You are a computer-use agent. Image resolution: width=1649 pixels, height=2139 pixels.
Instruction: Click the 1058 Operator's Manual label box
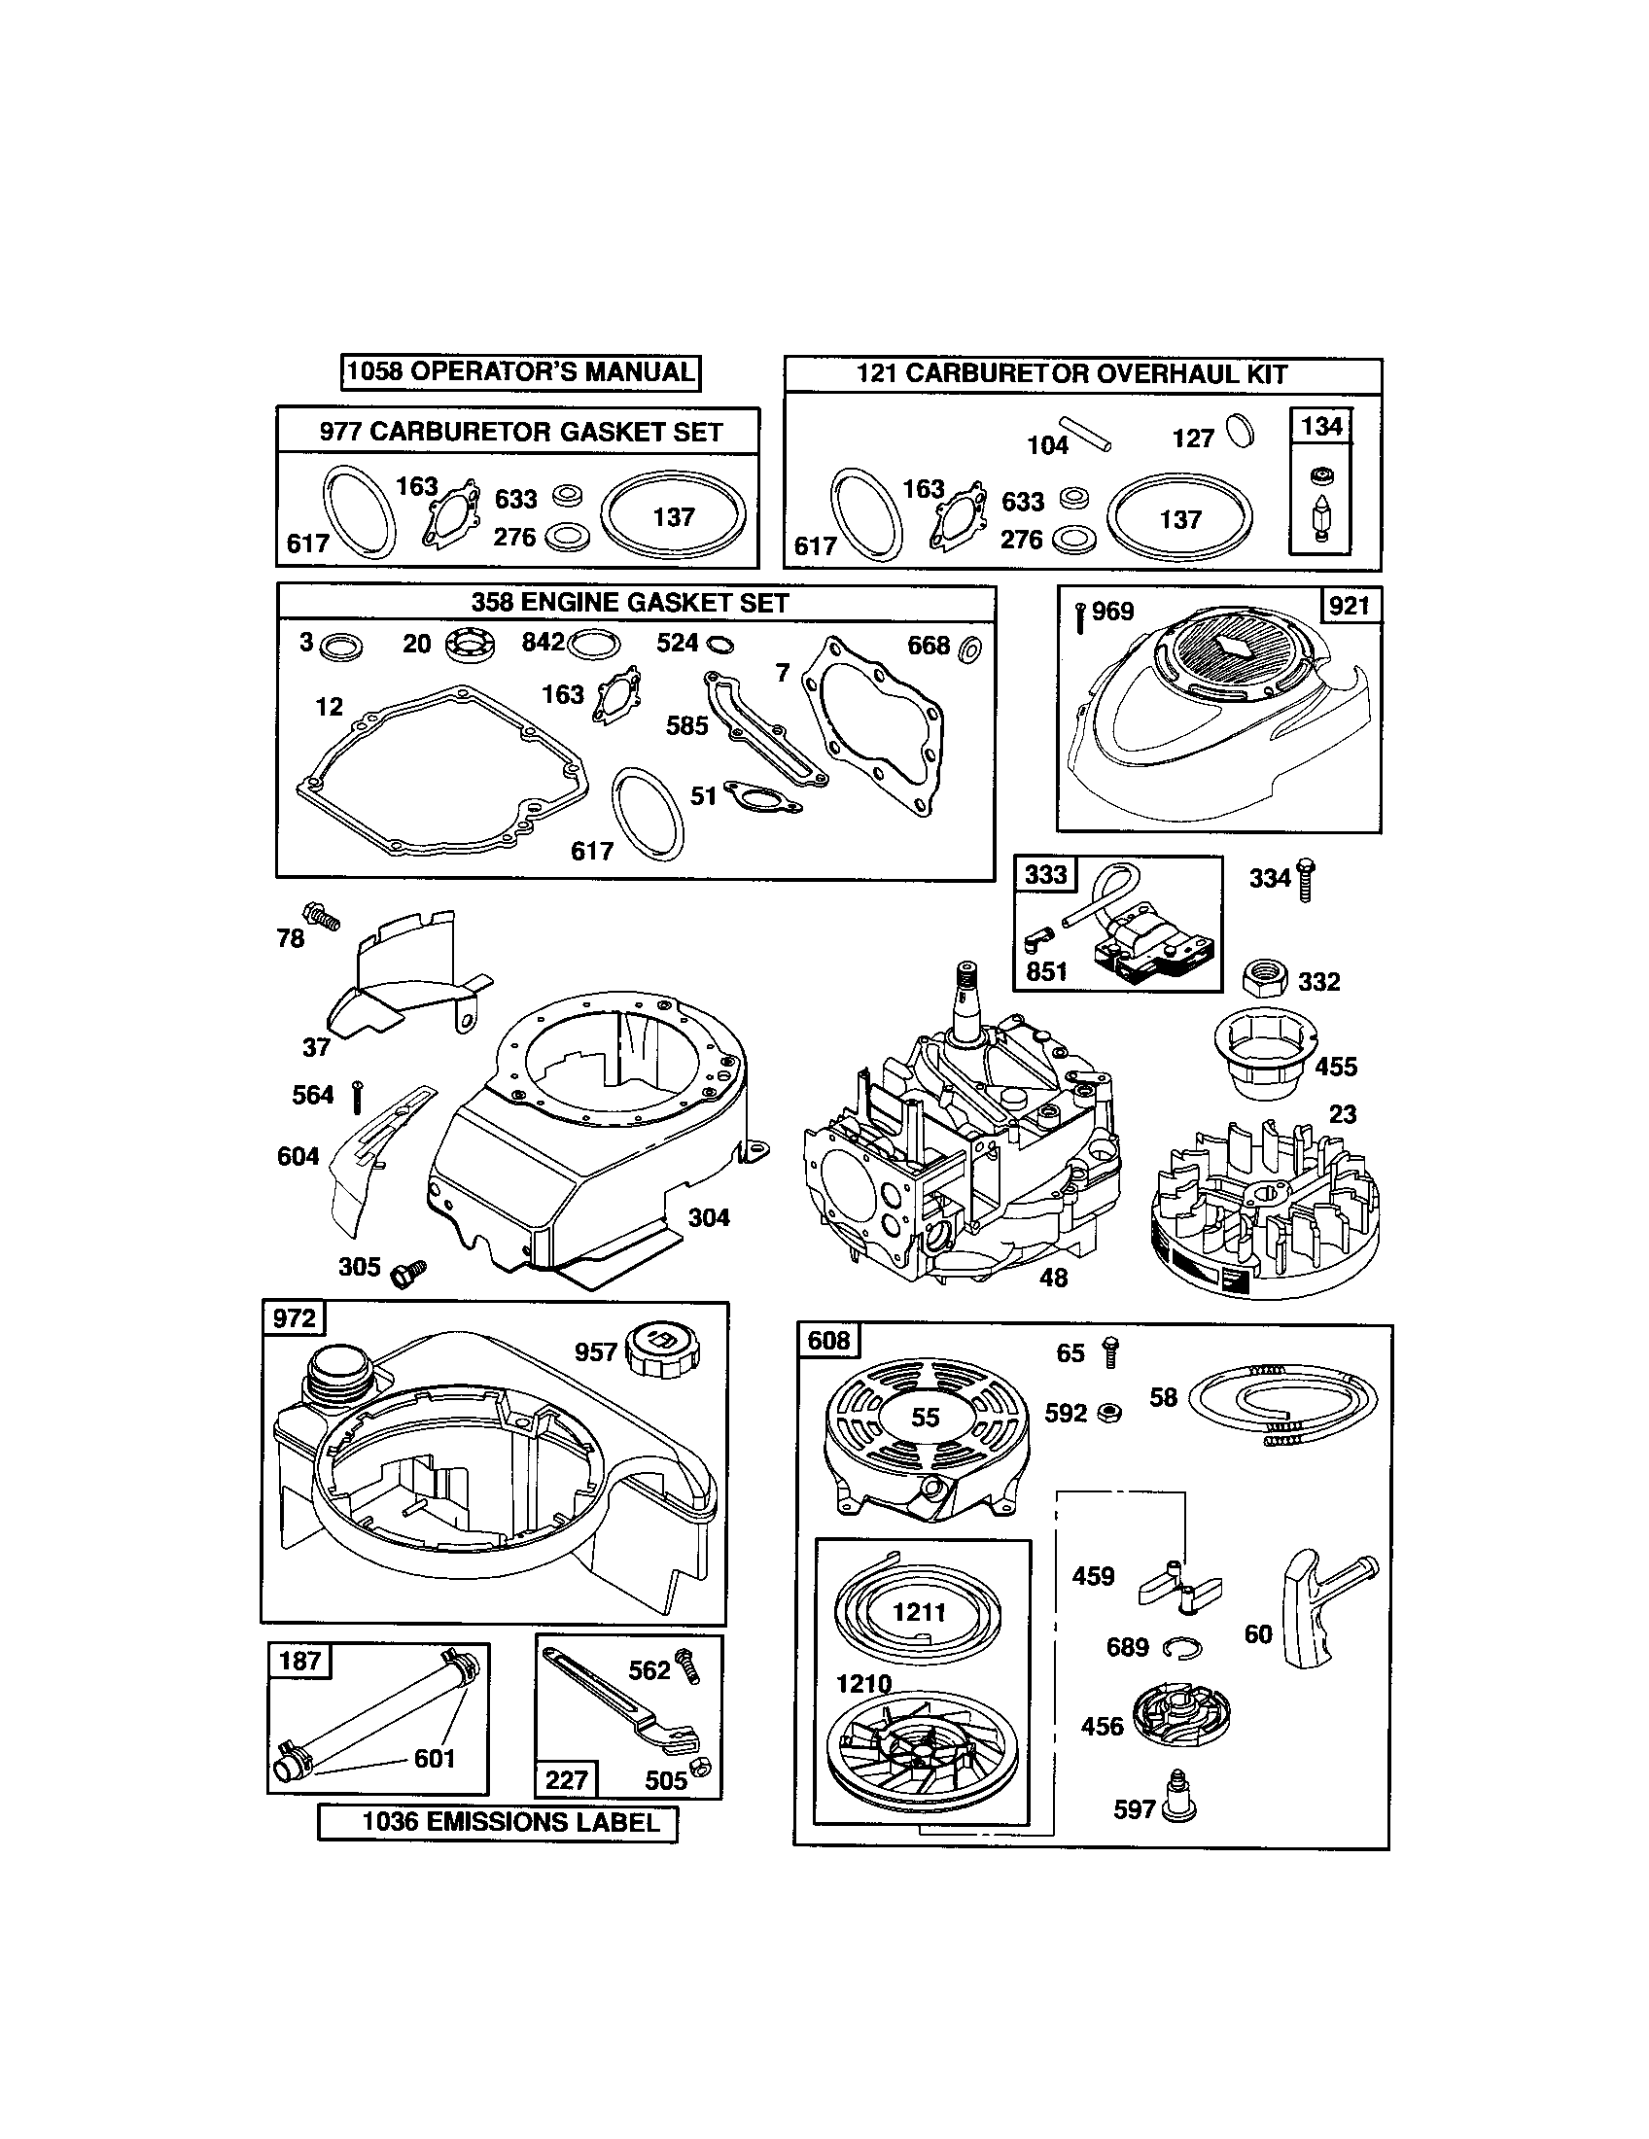click(x=521, y=372)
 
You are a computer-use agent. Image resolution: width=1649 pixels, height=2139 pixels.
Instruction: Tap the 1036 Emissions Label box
click(x=498, y=1822)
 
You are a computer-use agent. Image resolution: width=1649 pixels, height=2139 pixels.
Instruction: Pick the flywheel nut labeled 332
click(x=1263, y=978)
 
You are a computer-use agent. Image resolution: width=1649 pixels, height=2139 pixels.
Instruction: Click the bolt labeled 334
click(x=1304, y=879)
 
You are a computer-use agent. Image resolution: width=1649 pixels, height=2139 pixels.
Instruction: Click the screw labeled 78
click(x=323, y=917)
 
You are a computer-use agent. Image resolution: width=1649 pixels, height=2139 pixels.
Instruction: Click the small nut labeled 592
click(x=1109, y=1413)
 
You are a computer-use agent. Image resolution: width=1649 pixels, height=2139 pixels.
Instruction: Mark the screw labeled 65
click(x=1109, y=1351)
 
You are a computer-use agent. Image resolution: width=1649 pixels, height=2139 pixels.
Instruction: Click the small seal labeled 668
click(x=971, y=648)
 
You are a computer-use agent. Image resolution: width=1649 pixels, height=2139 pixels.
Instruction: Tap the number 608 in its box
click(x=828, y=1339)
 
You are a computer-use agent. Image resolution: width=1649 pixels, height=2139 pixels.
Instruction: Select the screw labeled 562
click(x=689, y=1665)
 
